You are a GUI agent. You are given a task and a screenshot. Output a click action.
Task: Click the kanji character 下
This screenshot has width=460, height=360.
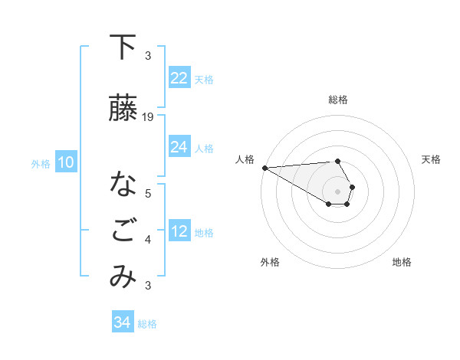click(123, 47)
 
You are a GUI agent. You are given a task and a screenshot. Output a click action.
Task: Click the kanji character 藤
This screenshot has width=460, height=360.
click(123, 109)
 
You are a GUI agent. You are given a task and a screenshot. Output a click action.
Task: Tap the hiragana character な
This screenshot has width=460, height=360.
click(123, 185)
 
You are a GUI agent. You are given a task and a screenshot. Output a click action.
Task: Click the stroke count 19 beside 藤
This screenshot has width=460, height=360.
click(149, 117)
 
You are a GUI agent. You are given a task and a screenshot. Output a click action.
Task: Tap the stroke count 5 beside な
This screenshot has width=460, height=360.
click(148, 193)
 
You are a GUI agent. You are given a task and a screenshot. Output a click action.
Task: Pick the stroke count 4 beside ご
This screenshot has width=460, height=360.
click(148, 240)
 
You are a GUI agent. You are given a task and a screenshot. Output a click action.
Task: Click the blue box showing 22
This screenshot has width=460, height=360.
click(179, 78)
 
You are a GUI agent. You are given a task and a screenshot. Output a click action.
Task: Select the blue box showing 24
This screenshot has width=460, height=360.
click(179, 147)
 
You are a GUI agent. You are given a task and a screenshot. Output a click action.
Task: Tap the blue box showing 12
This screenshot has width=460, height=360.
click(179, 232)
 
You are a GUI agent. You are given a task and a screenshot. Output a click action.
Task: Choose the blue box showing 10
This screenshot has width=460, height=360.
click(65, 162)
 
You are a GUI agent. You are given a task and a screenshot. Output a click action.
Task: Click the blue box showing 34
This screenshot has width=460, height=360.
click(122, 322)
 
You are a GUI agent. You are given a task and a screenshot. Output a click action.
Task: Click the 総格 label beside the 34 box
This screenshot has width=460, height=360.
click(147, 324)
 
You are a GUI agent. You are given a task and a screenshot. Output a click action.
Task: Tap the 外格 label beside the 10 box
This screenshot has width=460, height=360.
click(41, 163)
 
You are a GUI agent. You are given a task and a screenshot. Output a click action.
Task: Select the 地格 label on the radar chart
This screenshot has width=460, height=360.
click(402, 262)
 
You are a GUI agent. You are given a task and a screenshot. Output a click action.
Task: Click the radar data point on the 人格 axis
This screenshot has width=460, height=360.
click(264, 168)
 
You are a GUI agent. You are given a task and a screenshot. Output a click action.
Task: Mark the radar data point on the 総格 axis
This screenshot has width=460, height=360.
click(337, 161)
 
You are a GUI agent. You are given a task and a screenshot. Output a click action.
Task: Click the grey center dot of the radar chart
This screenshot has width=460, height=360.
click(337, 191)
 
